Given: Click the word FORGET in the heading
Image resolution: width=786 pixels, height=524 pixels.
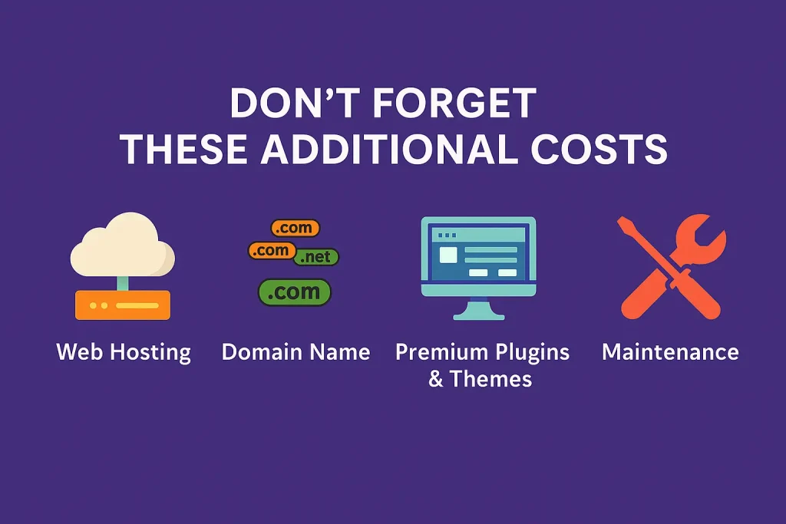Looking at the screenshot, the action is [x=454, y=104].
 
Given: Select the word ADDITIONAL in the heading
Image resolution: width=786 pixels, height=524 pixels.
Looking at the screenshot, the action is [x=388, y=150].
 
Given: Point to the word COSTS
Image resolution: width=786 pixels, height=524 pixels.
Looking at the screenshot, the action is [x=599, y=150].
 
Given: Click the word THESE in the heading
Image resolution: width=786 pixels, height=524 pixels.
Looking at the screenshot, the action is [x=183, y=150].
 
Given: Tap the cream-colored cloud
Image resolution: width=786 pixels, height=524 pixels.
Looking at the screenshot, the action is [x=123, y=246].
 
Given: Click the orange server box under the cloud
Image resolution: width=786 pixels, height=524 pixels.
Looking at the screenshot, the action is [x=123, y=305].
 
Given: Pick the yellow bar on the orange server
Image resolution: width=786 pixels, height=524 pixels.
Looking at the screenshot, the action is [x=137, y=305].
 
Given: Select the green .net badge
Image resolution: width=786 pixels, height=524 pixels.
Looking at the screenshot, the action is [x=316, y=257].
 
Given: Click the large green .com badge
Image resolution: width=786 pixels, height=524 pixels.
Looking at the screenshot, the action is [x=294, y=292].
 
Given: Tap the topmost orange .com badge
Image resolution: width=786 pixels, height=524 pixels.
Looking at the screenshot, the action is [x=295, y=228].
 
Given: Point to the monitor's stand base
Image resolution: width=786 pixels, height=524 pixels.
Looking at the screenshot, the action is [x=479, y=316].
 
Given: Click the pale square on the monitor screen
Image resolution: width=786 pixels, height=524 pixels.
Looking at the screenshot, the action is [x=448, y=255].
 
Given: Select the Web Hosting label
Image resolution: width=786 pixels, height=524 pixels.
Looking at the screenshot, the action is [x=124, y=352].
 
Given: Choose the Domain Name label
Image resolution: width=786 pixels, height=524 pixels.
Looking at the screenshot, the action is [x=296, y=351].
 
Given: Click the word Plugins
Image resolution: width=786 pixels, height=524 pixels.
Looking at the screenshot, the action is [x=533, y=353].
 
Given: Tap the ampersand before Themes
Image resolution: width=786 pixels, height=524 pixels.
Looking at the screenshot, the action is [x=436, y=379].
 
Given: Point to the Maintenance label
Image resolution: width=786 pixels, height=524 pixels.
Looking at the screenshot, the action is [x=670, y=351].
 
